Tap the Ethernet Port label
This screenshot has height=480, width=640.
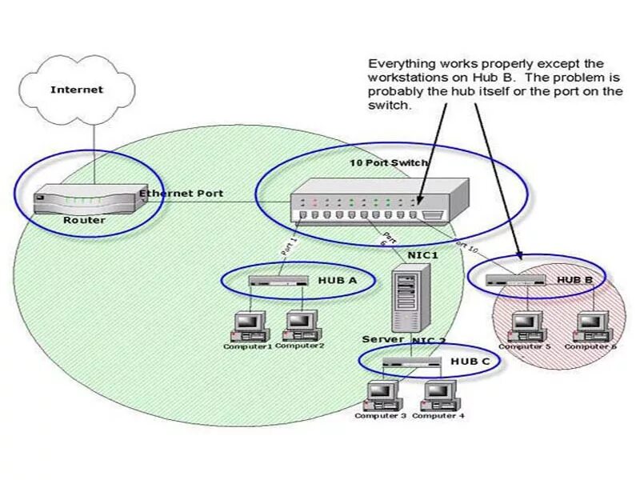click(182, 194)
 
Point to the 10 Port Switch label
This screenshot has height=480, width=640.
click(389, 162)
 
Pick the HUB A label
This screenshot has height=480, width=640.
click(337, 280)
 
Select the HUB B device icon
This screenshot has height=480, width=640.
click(515, 280)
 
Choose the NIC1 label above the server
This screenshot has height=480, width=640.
click(423, 255)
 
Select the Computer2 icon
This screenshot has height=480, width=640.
click(300, 324)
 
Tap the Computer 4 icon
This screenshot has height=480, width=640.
click(438, 394)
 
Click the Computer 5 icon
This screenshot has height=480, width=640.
click(524, 324)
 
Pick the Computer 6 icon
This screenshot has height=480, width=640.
click(591, 324)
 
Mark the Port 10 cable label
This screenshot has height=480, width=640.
click(466, 247)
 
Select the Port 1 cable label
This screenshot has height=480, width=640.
click(288, 245)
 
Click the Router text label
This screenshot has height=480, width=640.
click(83, 220)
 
